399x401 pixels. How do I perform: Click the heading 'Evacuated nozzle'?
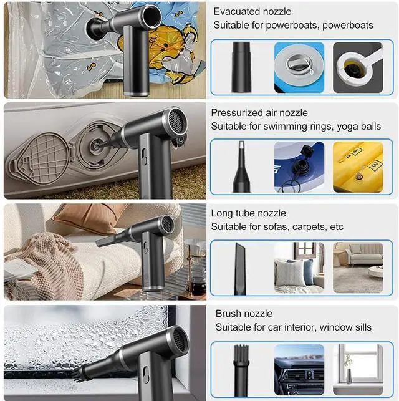pyautogui.click(x=252, y=11)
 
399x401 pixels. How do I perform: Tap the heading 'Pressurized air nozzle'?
pyautogui.click(x=259, y=113)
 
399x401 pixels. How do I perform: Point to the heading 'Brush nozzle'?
pyautogui.click(x=244, y=314)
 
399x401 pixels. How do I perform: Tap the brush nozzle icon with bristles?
pyautogui.click(x=241, y=368)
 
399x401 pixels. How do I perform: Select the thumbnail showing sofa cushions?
pyautogui.click(x=299, y=268)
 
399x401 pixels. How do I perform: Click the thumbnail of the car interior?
pyautogui.click(x=299, y=367)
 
